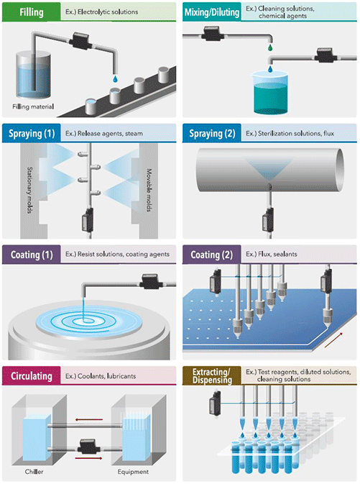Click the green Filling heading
[32, 12]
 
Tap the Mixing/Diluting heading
[212, 12]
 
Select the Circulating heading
[32, 376]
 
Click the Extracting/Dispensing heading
[212, 375]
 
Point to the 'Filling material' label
[33, 107]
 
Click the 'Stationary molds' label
[30, 190]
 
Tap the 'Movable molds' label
[149, 190]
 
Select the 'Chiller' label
[34, 472]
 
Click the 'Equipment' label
[133, 472]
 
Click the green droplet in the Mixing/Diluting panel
[270, 47]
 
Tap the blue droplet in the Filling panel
[115, 79]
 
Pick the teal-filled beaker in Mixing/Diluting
[270, 91]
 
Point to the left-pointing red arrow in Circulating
[89, 419]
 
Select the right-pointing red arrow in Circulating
[89, 458]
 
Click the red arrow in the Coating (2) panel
[333, 340]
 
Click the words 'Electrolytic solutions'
[108, 12]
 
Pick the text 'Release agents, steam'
[110, 134]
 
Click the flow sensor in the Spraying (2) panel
[267, 219]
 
